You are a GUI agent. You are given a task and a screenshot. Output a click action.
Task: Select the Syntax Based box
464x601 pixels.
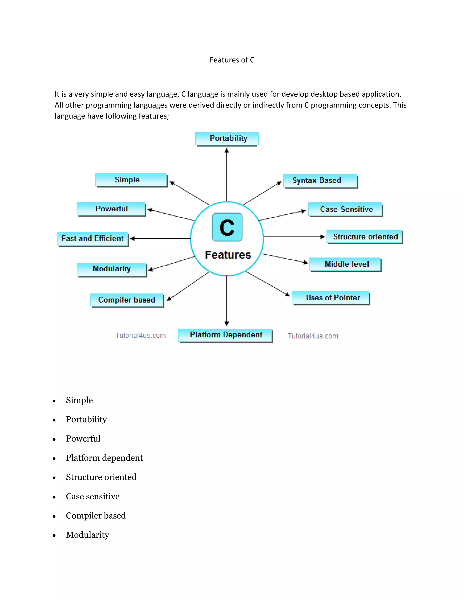(320, 181)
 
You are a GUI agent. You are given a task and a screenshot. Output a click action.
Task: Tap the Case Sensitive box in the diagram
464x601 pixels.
(345, 209)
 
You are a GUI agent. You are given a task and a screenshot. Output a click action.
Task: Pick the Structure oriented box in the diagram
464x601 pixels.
(365, 237)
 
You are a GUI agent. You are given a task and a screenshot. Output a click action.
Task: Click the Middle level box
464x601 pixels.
(345, 264)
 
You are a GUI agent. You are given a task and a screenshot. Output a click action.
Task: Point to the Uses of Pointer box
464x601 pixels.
(331, 298)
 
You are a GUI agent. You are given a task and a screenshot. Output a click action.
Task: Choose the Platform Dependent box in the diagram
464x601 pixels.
(225, 335)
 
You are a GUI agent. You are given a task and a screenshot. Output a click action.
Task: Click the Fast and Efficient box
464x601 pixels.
(93, 239)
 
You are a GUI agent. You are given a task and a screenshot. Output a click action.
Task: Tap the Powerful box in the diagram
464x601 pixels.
(111, 209)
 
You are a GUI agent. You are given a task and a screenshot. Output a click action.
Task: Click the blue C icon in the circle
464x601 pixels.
(227, 227)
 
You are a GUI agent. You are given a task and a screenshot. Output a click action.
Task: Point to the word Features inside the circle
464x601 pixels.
(228, 255)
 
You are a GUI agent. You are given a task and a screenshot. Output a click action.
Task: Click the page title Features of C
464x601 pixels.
(232, 60)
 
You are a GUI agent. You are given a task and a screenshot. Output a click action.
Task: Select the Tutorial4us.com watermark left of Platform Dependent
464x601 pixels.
(140, 335)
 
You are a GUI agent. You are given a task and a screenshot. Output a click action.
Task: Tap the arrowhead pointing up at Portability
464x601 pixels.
(227, 151)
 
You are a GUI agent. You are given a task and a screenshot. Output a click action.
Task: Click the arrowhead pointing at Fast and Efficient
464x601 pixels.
(132, 239)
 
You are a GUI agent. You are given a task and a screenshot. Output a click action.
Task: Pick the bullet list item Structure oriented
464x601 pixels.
(101, 477)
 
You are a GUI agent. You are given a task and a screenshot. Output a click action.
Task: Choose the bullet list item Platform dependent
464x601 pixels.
(104, 458)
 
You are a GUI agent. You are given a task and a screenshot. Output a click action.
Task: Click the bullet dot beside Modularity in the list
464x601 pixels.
(54, 535)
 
